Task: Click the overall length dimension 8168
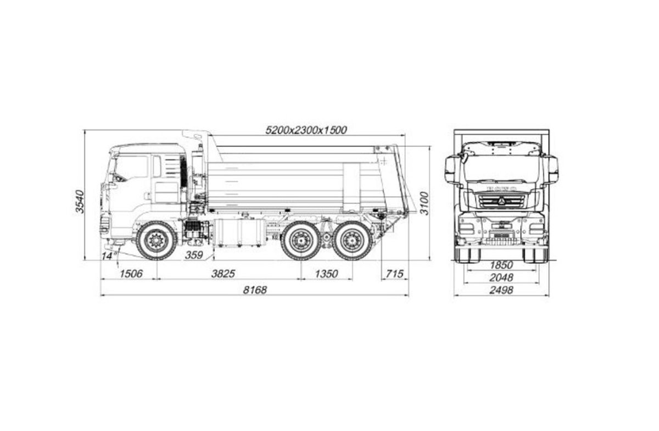click(255, 290)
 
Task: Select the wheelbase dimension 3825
click(223, 274)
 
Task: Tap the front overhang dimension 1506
click(131, 274)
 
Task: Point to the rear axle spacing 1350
click(326, 274)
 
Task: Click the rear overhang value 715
click(394, 274)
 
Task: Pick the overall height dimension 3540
click(80, 202)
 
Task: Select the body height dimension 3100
click(424, 203)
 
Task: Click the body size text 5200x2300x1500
click(306, 130)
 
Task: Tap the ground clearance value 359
click(194, 255)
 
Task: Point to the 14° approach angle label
click(108, 256)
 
